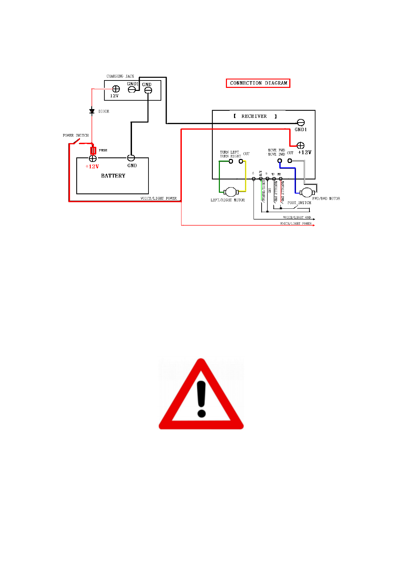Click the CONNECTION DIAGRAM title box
click(x=258, y=83)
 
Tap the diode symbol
click(x=92, y=111)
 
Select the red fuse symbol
click(x=93, y=151)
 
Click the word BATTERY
click(x=113, y=176)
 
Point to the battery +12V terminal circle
click(x=93, y=158)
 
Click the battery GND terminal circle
click(x=131, y=158)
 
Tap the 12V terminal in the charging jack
click(x=116, y=89)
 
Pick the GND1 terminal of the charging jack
click(x=132, y=90)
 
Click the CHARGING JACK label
click(x=120, y=76)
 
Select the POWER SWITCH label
click(x=75, y=135)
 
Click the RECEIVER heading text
click(x=254, y=116)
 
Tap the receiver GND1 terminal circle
click(x=301, y=123)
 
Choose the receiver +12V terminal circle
click(x=300, y=145)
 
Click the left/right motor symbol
click(x=231, y=192)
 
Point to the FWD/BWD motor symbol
click(x=307, y=193)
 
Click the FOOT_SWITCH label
click(x=299, y=203)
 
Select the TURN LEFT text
click(x=229, y=152)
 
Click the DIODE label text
click(x=104, y=111)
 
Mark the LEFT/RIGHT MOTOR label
click(x=228, y=200)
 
